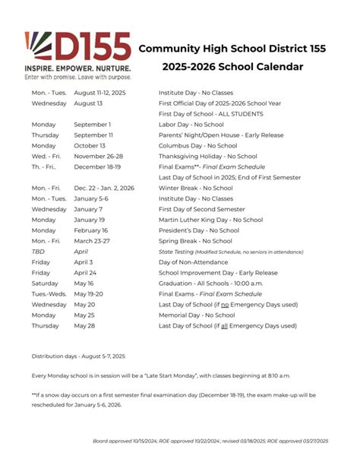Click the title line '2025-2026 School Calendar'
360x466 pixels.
tap(232, 67)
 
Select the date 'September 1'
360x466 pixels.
tap(92, 124)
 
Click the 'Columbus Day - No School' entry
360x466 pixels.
tap(197, 145)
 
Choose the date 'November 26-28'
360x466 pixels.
tap(98, 156)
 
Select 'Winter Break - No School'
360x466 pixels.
tap(195, 188)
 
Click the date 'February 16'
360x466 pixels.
tap(90, 230)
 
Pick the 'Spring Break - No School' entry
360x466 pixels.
tap(195, 241)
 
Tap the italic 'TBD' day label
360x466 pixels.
tap(38, 251)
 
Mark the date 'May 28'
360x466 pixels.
tap(84, 325)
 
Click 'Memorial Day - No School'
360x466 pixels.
tap(197, 315)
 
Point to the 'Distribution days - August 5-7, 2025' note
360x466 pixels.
tap(78, 356)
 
